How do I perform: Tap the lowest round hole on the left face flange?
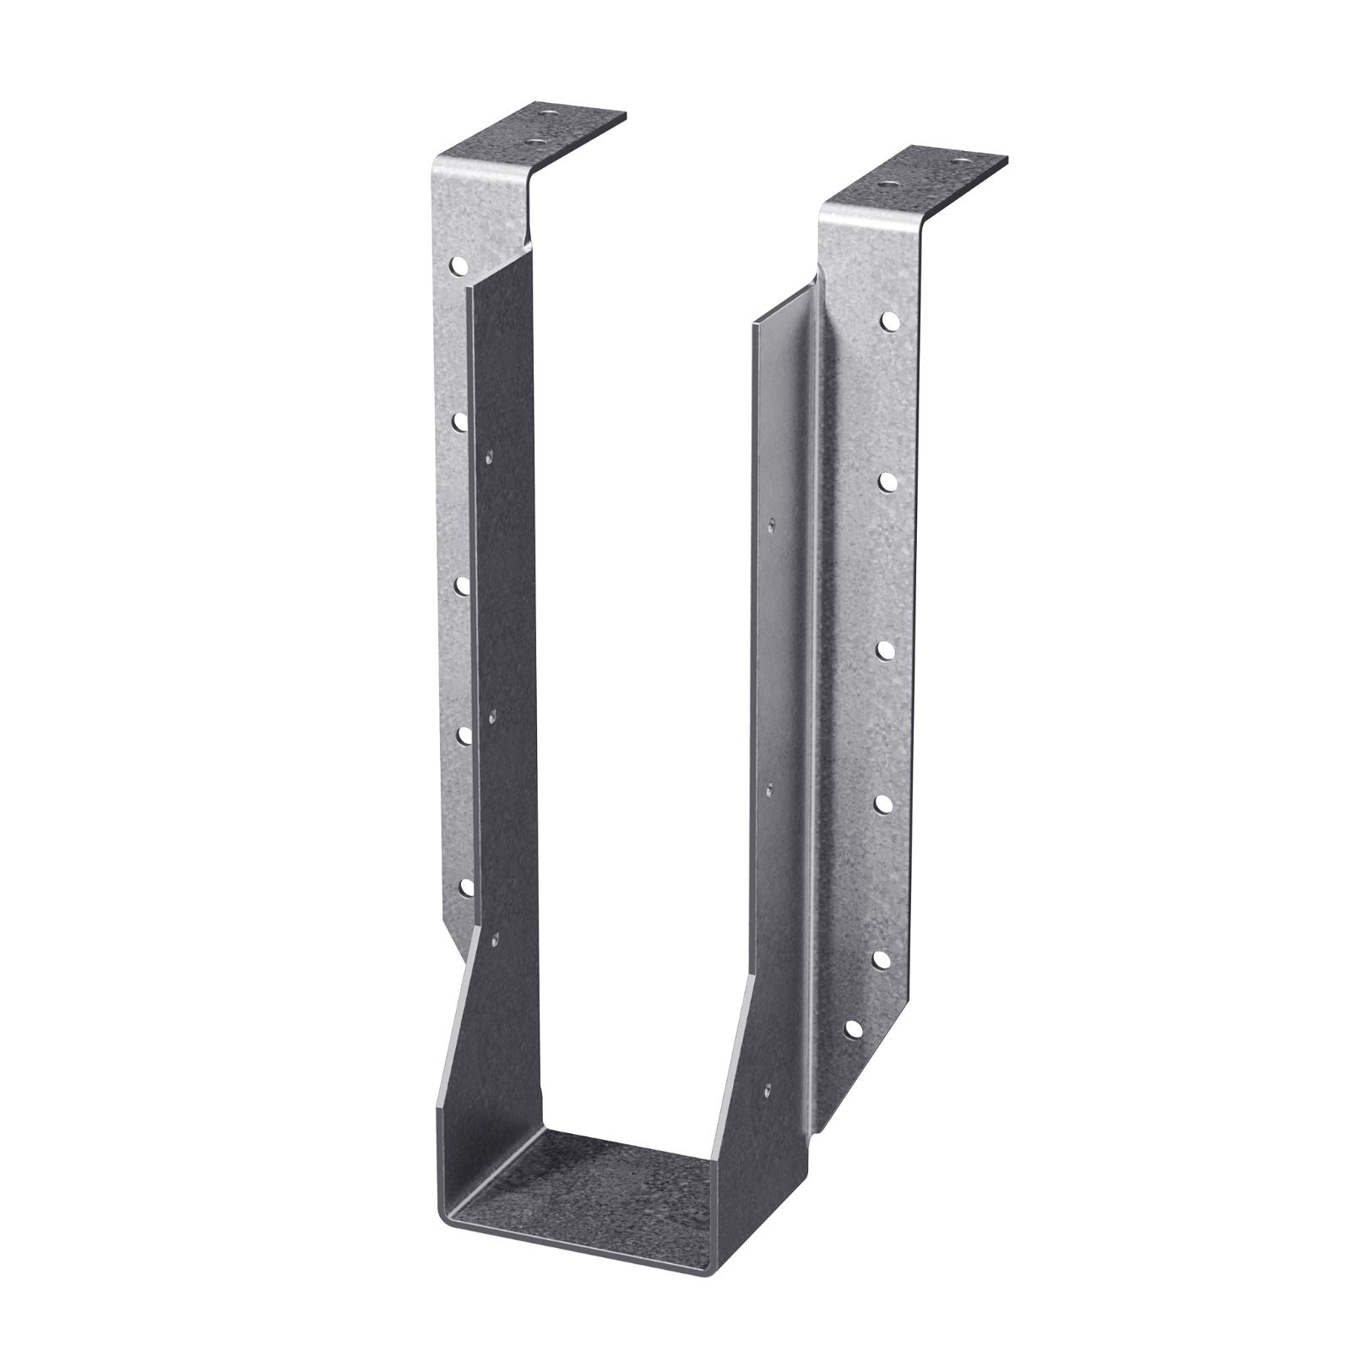point(465,886)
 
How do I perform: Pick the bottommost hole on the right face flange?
point(854,1029)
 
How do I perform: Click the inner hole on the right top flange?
point(887,182)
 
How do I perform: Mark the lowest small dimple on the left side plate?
point(496,938)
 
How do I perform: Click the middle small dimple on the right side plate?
point(768,788)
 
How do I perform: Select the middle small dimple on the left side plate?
point(493,717)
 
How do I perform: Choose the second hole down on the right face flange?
point(888,481)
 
